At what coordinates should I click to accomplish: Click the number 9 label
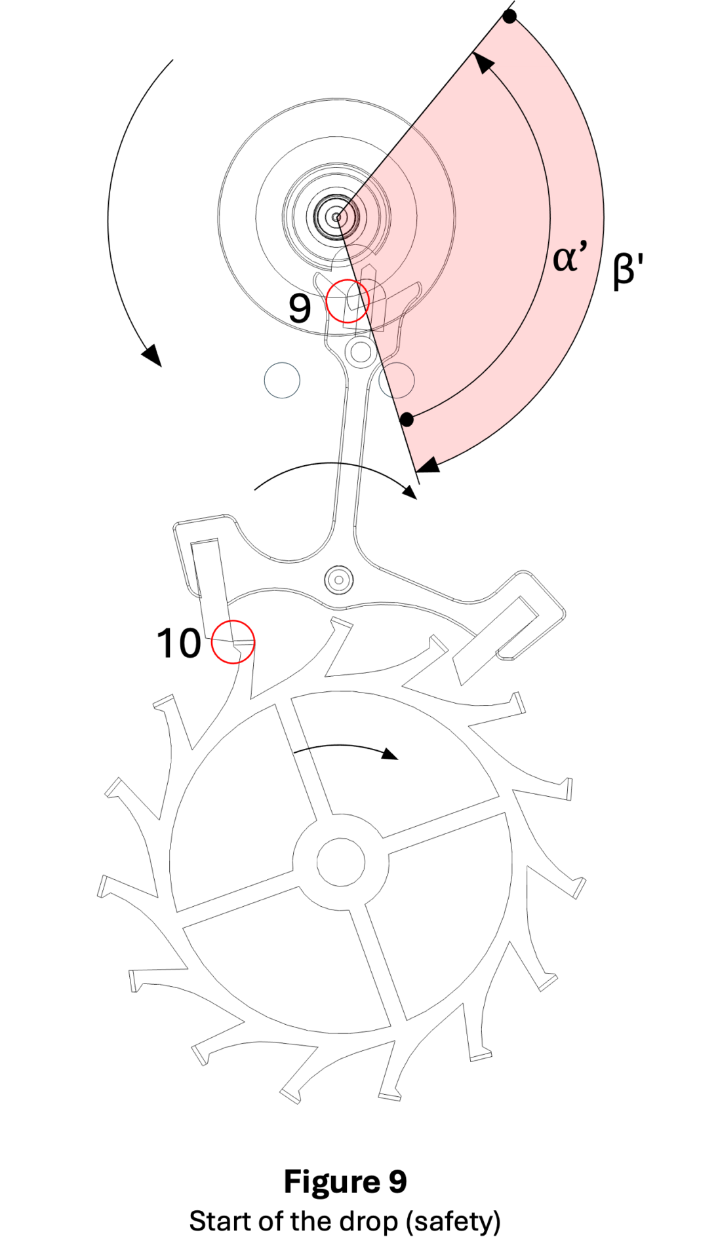pyautogui.click(x=300, y=308)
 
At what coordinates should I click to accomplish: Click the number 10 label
pyautogui.click(x=178, y=643)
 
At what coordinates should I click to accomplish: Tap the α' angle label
pyautogui.click(x=569, y=256)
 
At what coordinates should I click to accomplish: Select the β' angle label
pyautogui.click(x=628, y=269)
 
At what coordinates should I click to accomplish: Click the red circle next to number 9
pyautogui.click(x=348, y=301)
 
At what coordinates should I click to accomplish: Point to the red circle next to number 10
pyautogui.click(x=233, y=642)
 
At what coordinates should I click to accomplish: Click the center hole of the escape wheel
pyautogui.click(x=340, y=862)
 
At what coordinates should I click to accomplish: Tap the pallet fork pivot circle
pyautogui.click(x=339, y=580)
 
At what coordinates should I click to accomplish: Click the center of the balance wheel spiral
pyautogui.click(x=336, y=216)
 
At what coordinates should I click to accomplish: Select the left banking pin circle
pyautogui.click(x=282, y=380)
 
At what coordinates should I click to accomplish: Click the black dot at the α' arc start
pyautogui.click(x=407, y=419)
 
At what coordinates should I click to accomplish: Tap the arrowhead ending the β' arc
pyautogui.click(x=428, y=466)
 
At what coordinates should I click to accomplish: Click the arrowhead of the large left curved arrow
pyautogui.click(x=152, y=355)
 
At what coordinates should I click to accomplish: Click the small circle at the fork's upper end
pyautogui.click(x=361, y=351)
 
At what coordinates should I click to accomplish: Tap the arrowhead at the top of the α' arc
pyautogui.click(x=484, y=63)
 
